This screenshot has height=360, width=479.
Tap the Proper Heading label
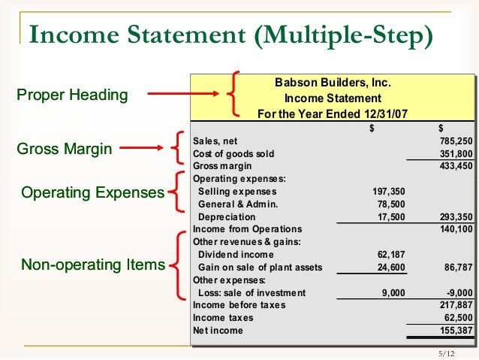click(x=71, y=95)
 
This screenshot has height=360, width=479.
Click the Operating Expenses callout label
click(x=92, y=193)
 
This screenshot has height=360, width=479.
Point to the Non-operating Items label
click(x=92, y=265)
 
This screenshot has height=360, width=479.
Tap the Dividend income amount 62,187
click(x=391, y=255)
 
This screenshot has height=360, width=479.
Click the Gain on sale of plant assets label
click(x=260, y=268)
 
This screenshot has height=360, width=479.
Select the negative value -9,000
click(x=459, y=293)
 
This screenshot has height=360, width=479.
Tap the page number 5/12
click(x=446, y=353)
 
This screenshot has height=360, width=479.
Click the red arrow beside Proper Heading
click(x=184, y=95)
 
